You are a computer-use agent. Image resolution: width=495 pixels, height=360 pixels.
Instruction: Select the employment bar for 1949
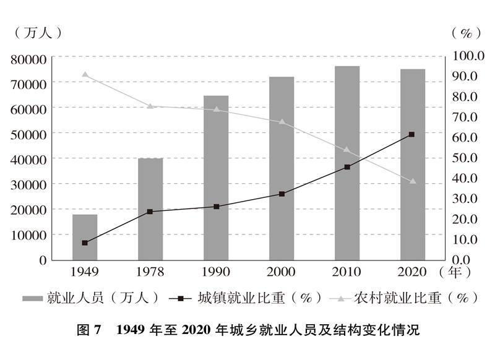point(85,237)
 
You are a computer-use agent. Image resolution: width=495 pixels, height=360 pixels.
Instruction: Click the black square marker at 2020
point(411,134)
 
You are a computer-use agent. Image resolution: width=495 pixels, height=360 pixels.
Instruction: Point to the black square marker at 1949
point(85,242)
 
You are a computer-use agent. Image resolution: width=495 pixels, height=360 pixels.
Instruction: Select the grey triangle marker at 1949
point(85,75)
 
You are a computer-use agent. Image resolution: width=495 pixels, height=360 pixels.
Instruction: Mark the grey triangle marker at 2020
point(413,181)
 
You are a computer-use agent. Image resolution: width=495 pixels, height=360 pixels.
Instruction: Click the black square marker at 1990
point(216,207)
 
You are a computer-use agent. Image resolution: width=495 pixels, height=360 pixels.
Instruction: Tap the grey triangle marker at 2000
point(282,122)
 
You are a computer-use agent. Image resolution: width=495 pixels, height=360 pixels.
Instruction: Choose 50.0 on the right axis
point(467,158)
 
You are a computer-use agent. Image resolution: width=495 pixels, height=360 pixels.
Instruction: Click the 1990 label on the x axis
point(216,272)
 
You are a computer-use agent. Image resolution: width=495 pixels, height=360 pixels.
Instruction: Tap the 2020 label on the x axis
point(411,272)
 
